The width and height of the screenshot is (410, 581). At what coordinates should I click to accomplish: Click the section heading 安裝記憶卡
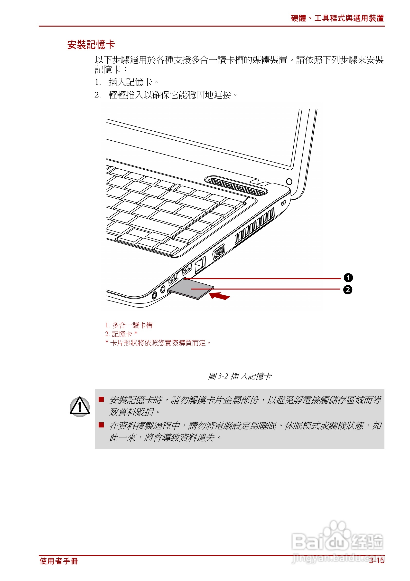91,45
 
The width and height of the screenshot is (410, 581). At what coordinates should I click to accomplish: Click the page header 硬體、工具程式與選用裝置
337,18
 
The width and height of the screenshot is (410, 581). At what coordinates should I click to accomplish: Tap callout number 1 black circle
348,278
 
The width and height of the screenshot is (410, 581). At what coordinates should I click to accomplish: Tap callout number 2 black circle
348,290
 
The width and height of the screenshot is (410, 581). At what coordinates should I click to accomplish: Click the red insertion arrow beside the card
220,296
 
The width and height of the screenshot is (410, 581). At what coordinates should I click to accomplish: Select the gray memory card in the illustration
191,289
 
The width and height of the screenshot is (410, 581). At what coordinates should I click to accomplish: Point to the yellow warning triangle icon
80,407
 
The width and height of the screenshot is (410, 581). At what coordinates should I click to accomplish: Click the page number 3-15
376,561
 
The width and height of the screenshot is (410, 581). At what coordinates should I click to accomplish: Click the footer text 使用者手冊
59,561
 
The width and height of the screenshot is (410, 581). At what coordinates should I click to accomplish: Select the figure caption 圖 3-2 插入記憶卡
240,376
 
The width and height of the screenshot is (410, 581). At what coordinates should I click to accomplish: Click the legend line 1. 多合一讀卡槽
129,325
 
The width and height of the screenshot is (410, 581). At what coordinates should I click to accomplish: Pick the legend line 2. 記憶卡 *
121,334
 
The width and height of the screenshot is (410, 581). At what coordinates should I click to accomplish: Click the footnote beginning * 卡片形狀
158,343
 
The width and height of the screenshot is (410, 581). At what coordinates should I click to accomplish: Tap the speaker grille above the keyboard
236,186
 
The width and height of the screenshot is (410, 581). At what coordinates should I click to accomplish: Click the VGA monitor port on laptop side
219,252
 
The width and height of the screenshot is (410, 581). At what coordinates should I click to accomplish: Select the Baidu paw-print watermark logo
337,536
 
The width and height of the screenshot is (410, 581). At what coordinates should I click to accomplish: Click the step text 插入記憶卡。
134,82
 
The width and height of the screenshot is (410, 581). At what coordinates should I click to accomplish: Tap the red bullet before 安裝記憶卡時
101,399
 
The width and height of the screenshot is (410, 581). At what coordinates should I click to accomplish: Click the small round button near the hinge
289,181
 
